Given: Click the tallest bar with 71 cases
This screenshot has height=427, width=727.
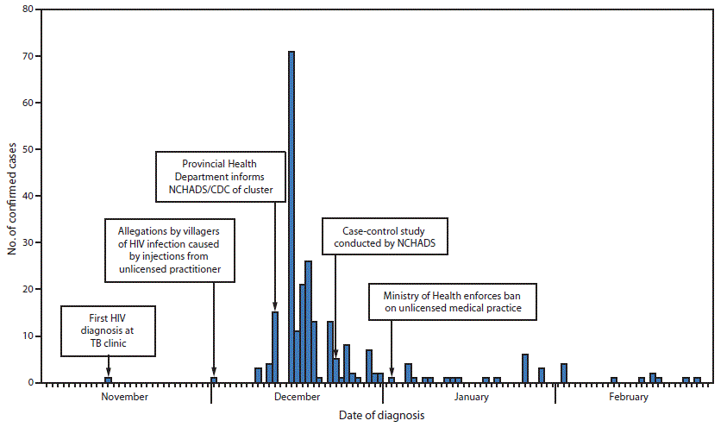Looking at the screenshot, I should click(x=291, y=217).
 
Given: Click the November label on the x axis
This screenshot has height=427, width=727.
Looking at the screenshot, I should click(x=125, y=398).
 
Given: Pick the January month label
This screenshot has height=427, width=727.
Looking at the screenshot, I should click(x=470, y=398).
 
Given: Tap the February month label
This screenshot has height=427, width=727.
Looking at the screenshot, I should click(x=628, y=398).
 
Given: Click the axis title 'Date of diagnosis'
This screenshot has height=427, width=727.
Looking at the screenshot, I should click(x=381, y=415).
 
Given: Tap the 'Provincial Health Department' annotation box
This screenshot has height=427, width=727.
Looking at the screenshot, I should click(x=219, y=177).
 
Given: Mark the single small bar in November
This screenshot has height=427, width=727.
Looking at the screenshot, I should click(x=108, y=380).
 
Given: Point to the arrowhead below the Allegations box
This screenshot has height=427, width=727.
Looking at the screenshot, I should click(x=214, y=372).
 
